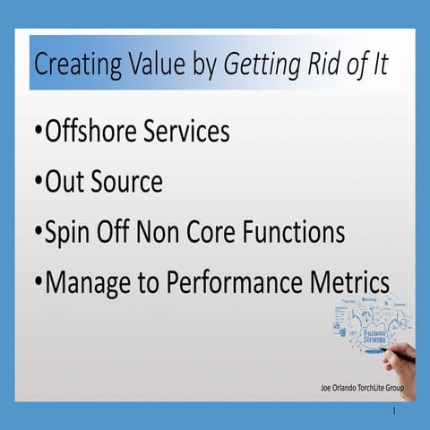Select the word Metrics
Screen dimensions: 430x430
click(352, 282)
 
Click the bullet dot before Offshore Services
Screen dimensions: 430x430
click(38, 133)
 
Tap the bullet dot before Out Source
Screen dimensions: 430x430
click(38, 183)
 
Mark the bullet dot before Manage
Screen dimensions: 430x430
click(38, 283)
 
